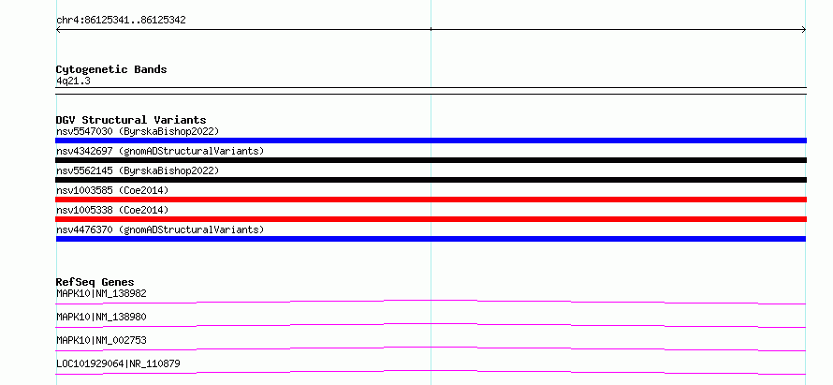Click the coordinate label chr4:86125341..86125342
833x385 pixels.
pos(121,21)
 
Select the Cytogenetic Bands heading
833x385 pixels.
pos(111,69)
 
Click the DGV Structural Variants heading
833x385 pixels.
pos(131,120)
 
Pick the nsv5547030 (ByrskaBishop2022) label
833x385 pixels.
pos(138,131)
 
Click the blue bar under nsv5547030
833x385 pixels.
pos(431,141)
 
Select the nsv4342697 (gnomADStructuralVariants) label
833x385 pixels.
pos(160,151)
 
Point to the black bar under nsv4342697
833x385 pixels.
pos(431,160)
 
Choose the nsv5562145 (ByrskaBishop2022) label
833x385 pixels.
pos(138,170)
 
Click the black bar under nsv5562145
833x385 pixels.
pos(431,180)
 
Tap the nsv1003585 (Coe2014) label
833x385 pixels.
pos(112,190)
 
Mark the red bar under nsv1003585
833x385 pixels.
pos(431,200)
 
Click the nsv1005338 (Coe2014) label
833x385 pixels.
pos(112,210)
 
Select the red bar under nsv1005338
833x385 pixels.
pos(431,219)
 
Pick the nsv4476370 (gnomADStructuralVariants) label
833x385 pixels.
pos(160,230)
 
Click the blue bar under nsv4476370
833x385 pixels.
pos(431,239)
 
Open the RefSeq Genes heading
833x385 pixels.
pos(95,282)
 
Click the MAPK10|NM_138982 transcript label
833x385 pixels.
pos(101,293)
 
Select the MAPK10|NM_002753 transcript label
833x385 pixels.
pos(101,340)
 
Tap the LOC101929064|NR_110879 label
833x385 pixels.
pos(118,363)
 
